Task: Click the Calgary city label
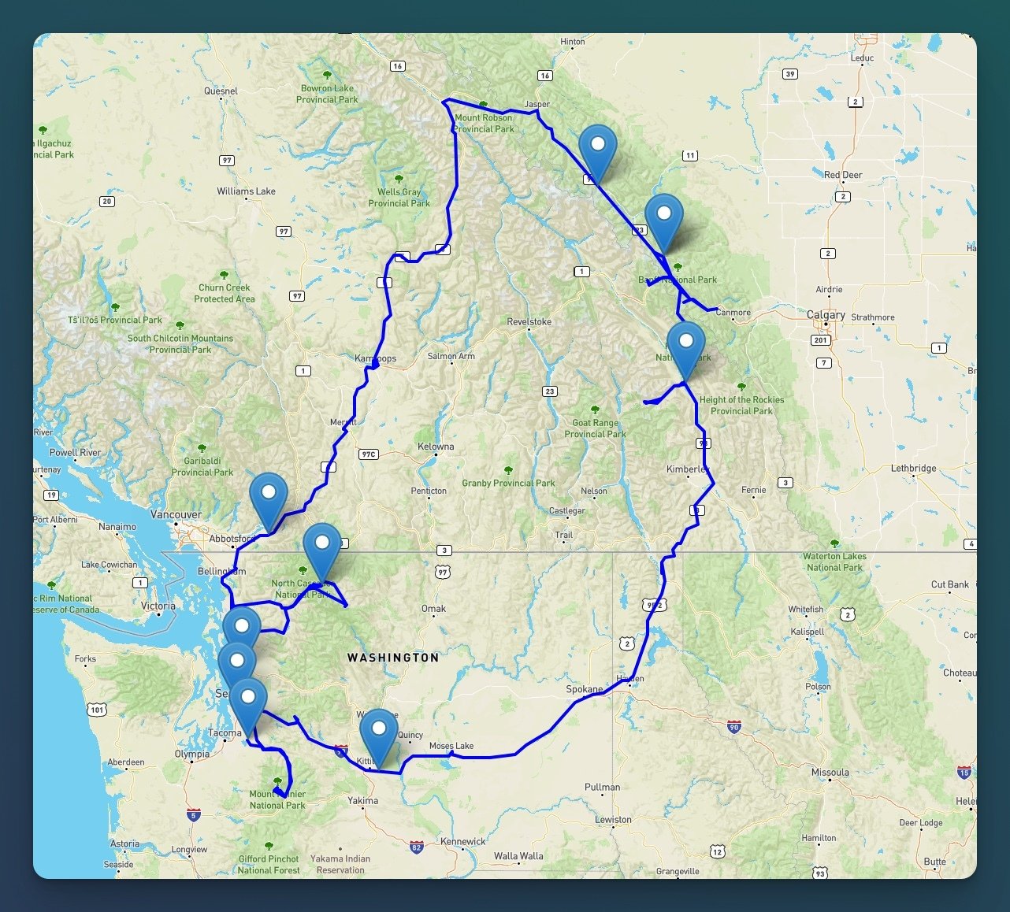coord(826,315)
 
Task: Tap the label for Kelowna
coord(436,447)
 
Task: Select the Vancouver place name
coord(176,514)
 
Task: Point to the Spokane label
coord(584,689)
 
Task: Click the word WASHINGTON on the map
coord(393,658)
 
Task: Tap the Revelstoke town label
coord(529,322)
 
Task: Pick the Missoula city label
coord(830,773)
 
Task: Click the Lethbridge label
coord(913,468)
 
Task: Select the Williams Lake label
coord(246,191)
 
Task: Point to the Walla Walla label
coord(518,856)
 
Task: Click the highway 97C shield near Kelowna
coord(368,454)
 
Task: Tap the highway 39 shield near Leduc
coord(790,74)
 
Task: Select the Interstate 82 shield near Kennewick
coord(416,847)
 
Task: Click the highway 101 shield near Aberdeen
coord(97,710)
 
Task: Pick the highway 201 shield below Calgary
coord(821,340)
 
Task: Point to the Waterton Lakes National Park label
coord(834,562)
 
